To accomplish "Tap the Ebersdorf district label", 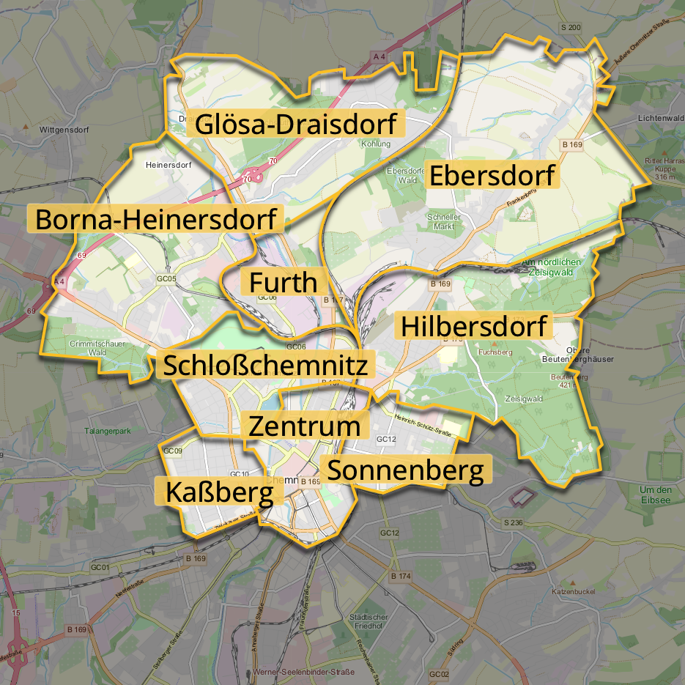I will click(x=492, y=176).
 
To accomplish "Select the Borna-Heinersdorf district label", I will click(x=155, y=219).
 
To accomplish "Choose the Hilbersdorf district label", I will click(x=473, y=326).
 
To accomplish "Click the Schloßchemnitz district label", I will click(x=264, y=365).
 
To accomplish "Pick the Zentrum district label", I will click(x=304, y=426).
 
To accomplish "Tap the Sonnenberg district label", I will click(x=404, y=470).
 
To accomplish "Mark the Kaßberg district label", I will click(x=219, y=492).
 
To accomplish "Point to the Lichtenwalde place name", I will click(x=660, y=118).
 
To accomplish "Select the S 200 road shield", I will click(x=570, y=28).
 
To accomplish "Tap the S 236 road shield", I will click(x=513, y=522).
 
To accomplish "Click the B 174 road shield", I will click(x=401, y=577).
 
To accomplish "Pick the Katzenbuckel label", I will click(x=576, y=590).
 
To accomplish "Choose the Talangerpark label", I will click(x=107, y=431).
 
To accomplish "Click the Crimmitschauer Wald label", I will click(x=97, y=347).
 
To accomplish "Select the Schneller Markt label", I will click(x=444, y=222).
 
